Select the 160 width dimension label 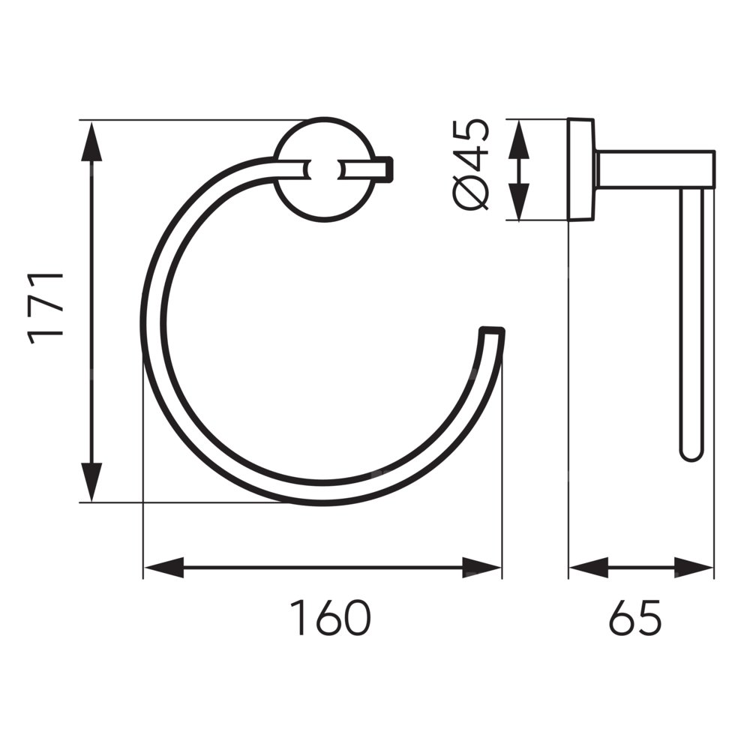[x=331, y=617]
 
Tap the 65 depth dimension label [x=635, y=617]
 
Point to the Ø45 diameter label [x=471, y=165]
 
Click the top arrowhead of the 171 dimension [x=91, y=142]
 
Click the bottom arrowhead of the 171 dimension [x=91, y=481]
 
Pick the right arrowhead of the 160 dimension [x=481, y=568]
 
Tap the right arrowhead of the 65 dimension [x=694, y=568]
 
